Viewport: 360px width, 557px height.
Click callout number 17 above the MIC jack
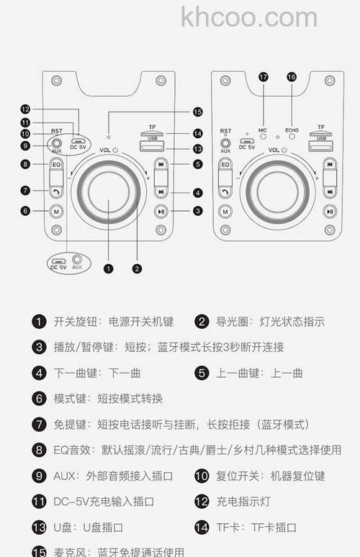(x=263, y=76)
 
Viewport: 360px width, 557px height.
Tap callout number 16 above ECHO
(x=292, y=76)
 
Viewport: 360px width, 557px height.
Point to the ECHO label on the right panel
(x=292, y=130)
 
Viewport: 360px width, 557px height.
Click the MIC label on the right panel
(x=263, y=130)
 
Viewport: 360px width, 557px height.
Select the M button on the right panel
(x=225, y=211)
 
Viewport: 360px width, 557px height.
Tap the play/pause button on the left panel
(x=161, y=211)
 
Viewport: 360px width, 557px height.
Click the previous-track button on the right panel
(x=329, y=164)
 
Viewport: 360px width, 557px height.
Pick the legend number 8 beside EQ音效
(x=39, y=450)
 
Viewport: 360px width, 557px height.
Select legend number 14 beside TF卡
(x=202, y=527)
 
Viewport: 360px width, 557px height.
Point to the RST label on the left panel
(x=56, y=132)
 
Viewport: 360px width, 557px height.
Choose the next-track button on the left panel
(x=161, y=191)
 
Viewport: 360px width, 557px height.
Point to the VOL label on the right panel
(x=273, y=150)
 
